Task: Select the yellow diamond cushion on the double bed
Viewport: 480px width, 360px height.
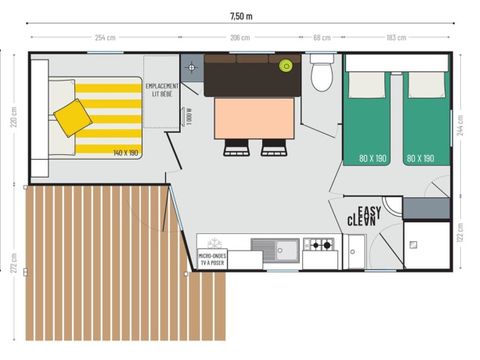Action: [72, 118]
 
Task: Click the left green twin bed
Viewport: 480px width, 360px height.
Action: [367, 118]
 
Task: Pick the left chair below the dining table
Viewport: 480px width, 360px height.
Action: [236, 147]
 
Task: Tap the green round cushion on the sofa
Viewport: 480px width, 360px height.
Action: [287, 68]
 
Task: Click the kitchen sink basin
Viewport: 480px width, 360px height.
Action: [267, 246]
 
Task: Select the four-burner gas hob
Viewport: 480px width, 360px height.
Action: [319, 245]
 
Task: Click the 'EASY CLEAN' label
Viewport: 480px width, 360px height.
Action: [362, 213]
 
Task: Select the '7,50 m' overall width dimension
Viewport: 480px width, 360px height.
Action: [240, 17]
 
